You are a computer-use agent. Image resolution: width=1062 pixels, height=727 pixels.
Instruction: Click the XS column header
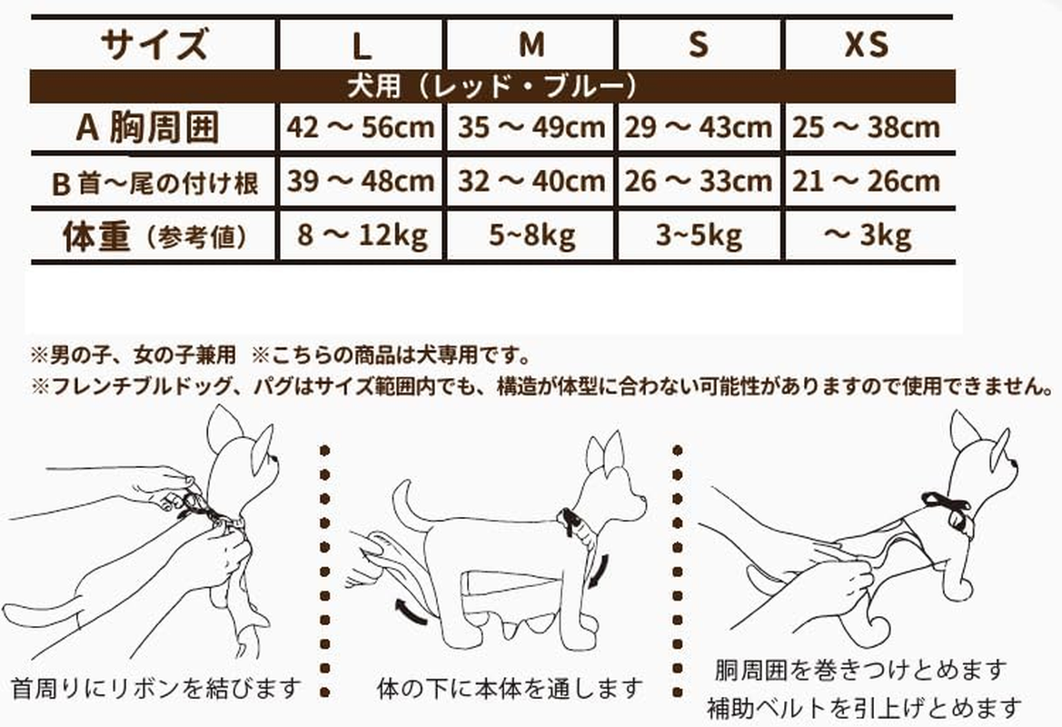pyautogui.click(x=867, y=45)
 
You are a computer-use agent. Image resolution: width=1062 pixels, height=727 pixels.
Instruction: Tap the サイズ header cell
pyautogui.click(x=154, y=44)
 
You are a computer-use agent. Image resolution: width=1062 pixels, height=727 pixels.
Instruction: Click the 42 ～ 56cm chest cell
pyautogui.click(x=361, y=126)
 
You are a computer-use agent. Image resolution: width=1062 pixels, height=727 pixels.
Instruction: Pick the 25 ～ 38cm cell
pyautogui.click(x=867, y=126)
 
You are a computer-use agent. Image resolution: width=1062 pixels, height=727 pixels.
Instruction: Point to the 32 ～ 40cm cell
pyautogui.click(x=531, y=181)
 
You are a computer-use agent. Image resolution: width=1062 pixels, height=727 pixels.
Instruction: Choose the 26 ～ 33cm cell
pyautogui.click(x=699, y=181)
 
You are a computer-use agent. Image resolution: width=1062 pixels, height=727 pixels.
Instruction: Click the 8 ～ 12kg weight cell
pyautogui.click(x=362, y=235)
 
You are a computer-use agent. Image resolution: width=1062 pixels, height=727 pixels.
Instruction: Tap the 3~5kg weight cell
pyautogui.click(x=699, y=235)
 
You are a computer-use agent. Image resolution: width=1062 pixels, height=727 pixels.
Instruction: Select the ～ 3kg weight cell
pyautogui.click(x=868, y=235)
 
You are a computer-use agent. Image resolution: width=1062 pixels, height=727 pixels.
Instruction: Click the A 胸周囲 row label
pyautogui.click(x=148, y=127)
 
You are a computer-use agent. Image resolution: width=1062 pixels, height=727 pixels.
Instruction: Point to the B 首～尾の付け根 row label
pyautogui.click(x=155, y=183)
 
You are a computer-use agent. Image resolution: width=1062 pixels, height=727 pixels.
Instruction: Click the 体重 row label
pyautogui.click(x=154, y=236)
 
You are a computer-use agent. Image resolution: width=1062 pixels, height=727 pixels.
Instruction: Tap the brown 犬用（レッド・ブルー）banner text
pyautogui.click(x=492, y=86)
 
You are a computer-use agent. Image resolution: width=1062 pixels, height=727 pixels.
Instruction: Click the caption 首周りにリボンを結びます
pyautogui.click(x=156, y=689)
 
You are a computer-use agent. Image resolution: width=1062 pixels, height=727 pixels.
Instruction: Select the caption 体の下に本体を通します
pyautogui.click(x=510, y=689)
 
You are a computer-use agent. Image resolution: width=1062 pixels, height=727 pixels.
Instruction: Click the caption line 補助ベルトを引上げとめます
pyautogui.click(x=864, y=709)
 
